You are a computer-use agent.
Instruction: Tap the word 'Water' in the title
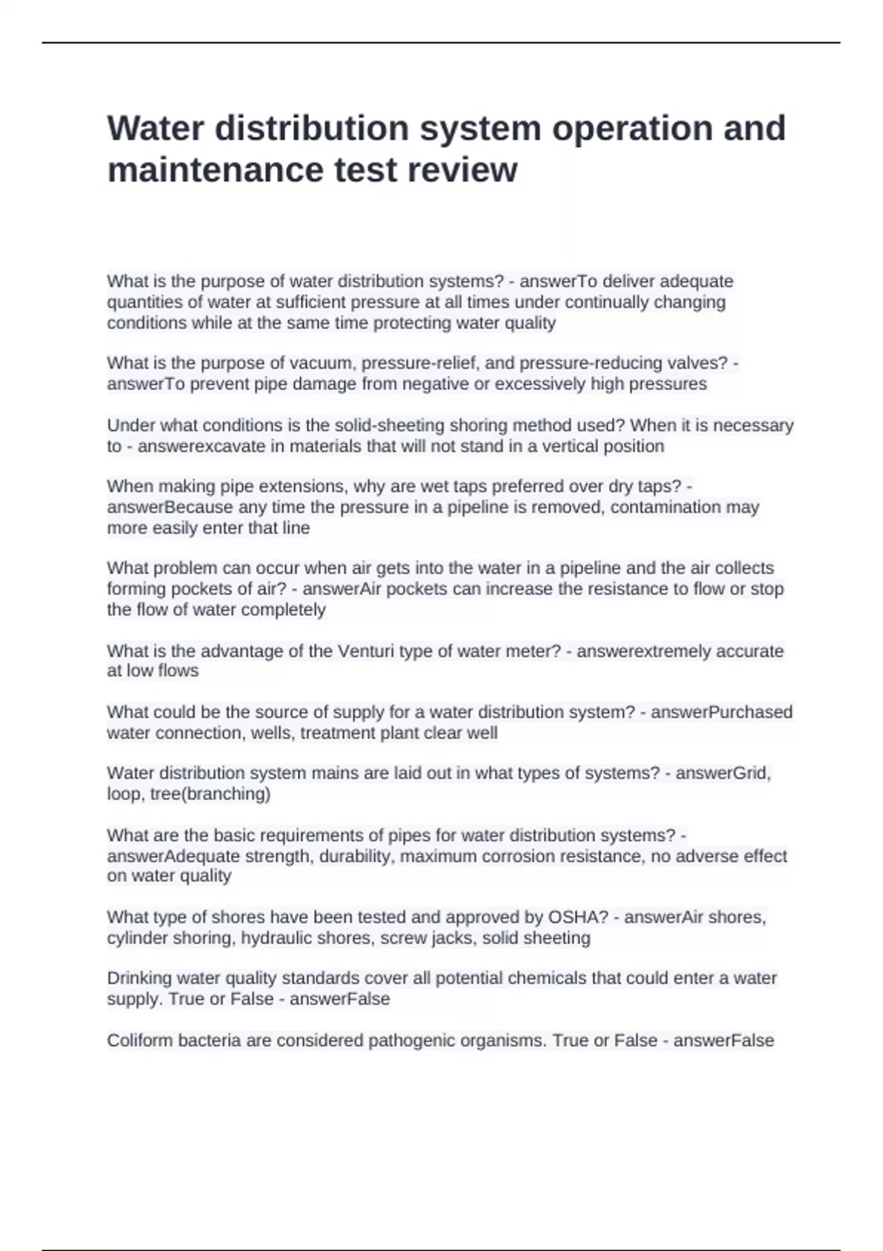(x=155, y=128)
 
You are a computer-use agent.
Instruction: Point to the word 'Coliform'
(x=139, y=1041)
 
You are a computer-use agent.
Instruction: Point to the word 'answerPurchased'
(x=721, y=712)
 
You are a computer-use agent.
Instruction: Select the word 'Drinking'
(x=140, y=978)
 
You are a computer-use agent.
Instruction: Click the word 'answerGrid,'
(x=723, y=773)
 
